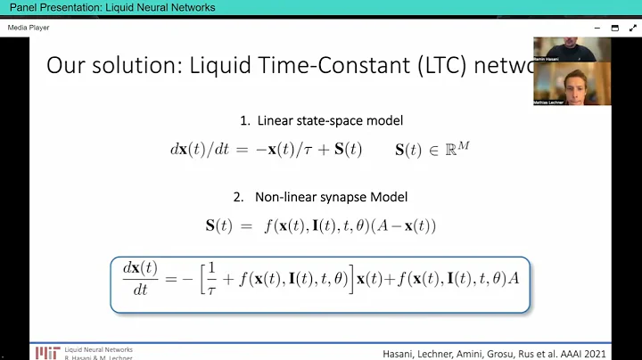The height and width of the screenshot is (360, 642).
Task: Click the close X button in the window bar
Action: coord(631,28)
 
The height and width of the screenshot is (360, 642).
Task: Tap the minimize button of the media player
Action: coord(597,28)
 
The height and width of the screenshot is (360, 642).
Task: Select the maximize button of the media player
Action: coord(614,28)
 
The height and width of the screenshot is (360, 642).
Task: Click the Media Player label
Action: coord(29,28)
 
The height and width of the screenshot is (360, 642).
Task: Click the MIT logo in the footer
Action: coord(47,353)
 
